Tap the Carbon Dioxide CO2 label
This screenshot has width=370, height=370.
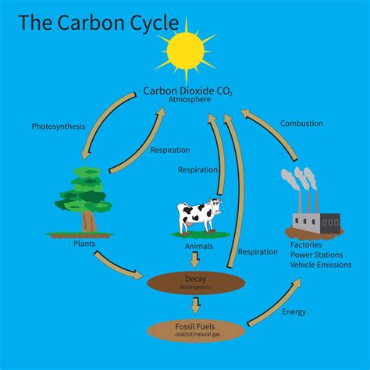pyautogui.click(x=187, y=91)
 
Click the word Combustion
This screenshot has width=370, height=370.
pyautogui.click(x=301, y=123)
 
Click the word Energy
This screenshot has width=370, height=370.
pyautogui.click(x=294, y=312)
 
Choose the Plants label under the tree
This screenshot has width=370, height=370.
pyautogui.click(x=84, y=244)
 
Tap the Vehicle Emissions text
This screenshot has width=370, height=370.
pyautogui.click(x=320, y=265)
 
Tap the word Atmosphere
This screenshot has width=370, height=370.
pyautogui.click(x=187, y=101)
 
